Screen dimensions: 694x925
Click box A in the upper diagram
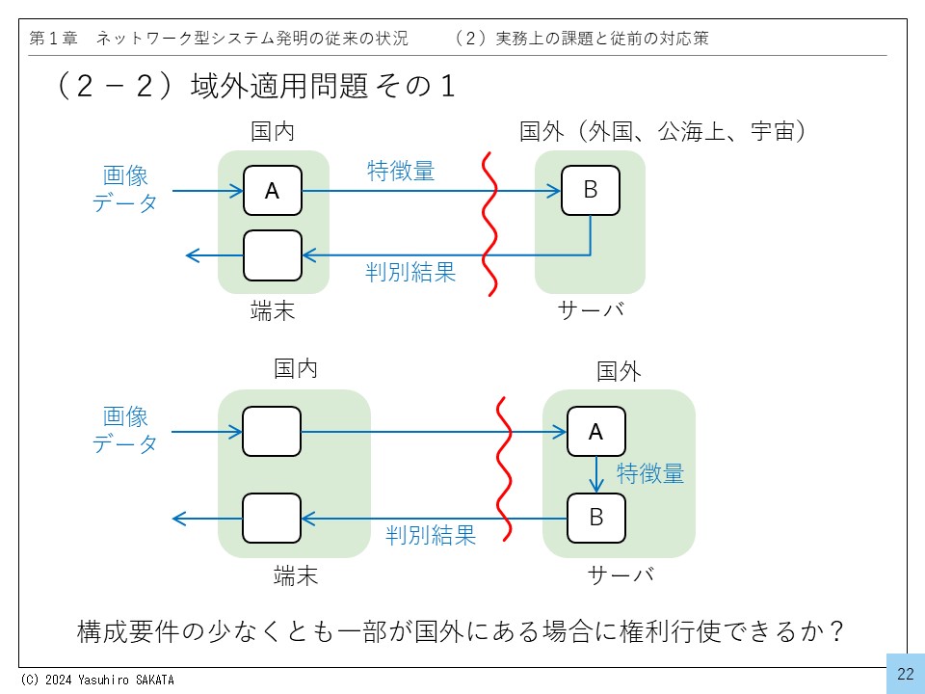(272, 191)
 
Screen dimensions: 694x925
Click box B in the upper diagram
(591, 191)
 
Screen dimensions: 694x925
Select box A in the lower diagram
(595, 432)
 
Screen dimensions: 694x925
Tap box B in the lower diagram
(595, 518)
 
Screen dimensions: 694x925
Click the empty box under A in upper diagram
(272, 255)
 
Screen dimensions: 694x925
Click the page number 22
(905, 674)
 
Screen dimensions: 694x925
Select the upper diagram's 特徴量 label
(401, 171)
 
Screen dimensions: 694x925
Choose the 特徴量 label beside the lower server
(650, 473)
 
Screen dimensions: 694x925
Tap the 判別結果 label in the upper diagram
(410, 272)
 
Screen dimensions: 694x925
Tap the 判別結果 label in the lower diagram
(431, 535)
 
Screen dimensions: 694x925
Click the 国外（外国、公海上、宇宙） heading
(663, 132)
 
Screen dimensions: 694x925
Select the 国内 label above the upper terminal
(273, 132)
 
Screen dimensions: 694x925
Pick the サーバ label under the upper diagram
(591, 310)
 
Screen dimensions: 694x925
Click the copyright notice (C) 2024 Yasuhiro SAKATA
(96, 680)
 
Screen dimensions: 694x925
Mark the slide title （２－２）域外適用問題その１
(255, 87)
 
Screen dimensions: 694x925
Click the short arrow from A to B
(596, 474)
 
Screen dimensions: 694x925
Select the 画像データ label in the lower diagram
(125, 430)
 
